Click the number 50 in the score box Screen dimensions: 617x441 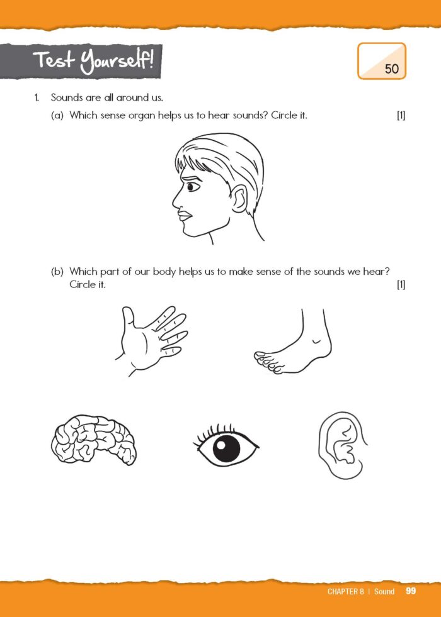(391, 69)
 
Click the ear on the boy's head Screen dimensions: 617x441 (238, 201)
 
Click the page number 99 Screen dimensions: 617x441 (411, 591)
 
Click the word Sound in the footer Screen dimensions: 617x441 (384, 591)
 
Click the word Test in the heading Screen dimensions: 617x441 (54, 61)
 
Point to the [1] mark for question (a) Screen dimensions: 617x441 (401, 116)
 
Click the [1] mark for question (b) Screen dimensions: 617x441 (401, 284)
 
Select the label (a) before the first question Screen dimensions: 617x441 (57, 116)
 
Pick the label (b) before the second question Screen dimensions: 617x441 (57, 271)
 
